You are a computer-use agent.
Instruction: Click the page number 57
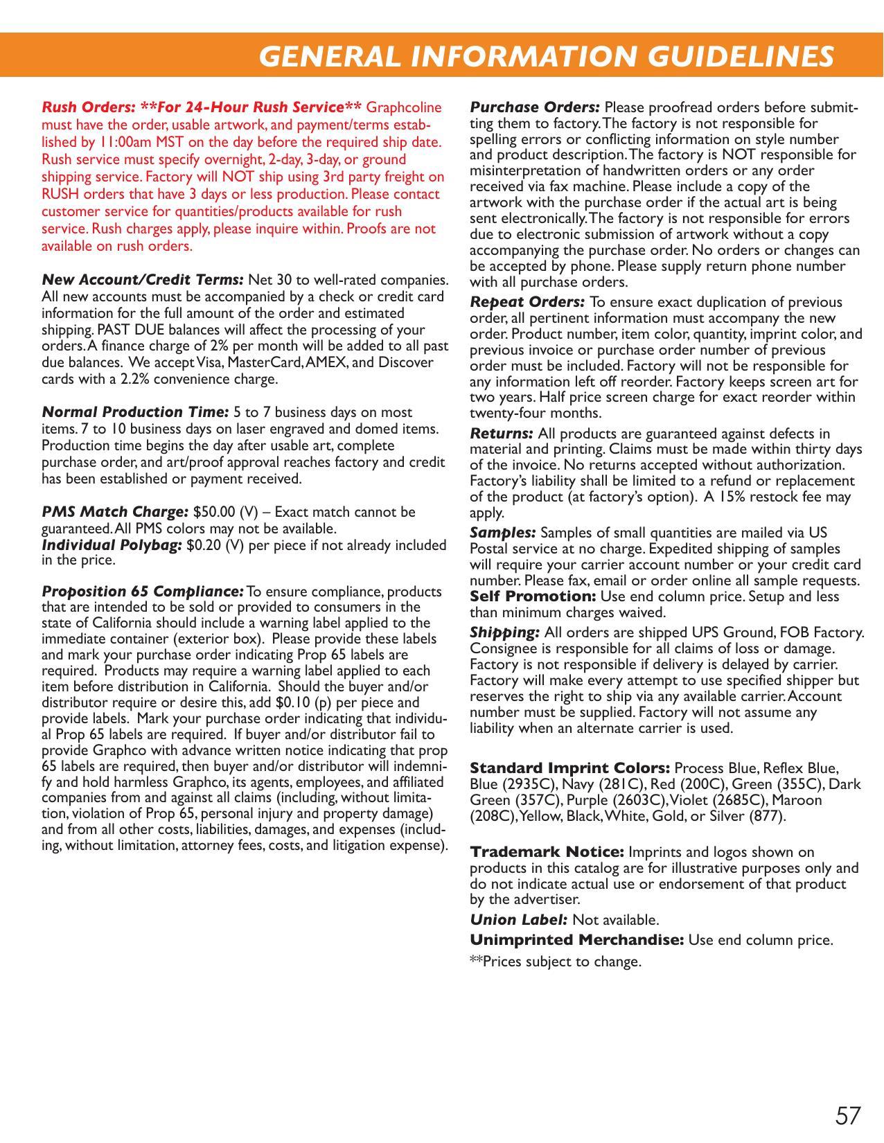click(848, 1116)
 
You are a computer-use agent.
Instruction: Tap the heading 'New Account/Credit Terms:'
click(143, 280)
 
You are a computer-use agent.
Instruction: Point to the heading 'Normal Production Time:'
click(136, 412)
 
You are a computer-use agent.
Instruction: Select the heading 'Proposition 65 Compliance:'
click(143, 592)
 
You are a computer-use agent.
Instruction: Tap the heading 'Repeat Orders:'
click(527, 302)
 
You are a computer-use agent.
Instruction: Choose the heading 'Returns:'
click(502, 434)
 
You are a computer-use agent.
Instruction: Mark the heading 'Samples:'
click(503, 533)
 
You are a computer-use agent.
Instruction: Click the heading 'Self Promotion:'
click(533, 596)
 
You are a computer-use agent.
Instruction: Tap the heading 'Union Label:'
click(519, 920)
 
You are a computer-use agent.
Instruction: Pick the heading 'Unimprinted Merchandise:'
click(577, 940)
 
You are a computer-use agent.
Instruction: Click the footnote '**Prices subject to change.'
click(556, 962)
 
